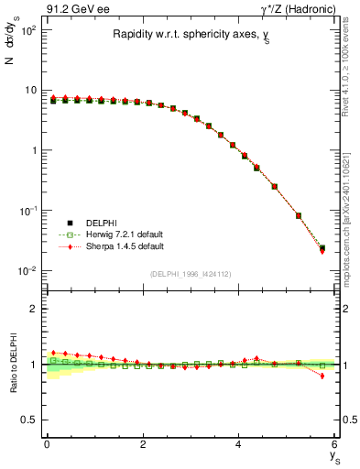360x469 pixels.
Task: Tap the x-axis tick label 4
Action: click(x=239, y=444)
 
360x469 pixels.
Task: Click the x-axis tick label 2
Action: click(x=143, y=444)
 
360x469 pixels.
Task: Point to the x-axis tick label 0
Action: click(x=47, y=444)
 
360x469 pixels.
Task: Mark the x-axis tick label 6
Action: click(x=335, y=444)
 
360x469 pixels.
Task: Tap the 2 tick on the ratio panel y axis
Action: click(x=36, y=309)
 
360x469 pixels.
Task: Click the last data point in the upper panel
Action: click(x=322, y=248)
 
